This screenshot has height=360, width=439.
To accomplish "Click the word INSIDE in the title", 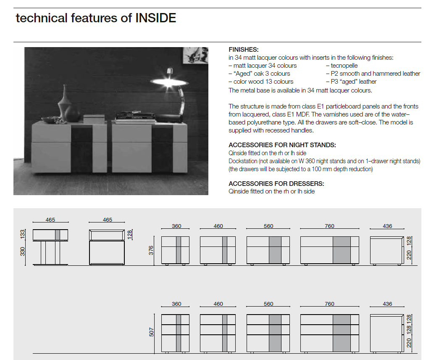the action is pyautogui.click(x=156, y=18).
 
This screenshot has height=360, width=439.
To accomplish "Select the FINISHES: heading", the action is pyautogui.click(x=243, y=50).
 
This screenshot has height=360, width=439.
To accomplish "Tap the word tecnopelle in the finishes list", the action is pyautogui.click(x=344, y=66).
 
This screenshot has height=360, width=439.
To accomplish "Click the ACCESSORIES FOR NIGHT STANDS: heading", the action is pyautogui.click(x=282, y=145).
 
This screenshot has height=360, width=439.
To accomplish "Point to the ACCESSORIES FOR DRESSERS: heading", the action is pyautogui.click(x=276, y=184).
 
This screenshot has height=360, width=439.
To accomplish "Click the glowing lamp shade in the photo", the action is pyautogui.click(x=169, y=82).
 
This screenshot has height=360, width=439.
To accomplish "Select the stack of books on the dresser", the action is pyautogui.click(x=135, y=118).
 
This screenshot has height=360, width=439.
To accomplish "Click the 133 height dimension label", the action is pyautogui.click(x=22, y=234).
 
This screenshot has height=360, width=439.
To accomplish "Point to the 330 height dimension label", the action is pyautogui.click(x=22, y=251).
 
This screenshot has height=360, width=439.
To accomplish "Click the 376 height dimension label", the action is pyautogui.click(x=151, y=250).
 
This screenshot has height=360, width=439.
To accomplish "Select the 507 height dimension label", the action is pyautogui.click(x=151, y=332).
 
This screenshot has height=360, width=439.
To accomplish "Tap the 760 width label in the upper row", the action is pyautogui.click(x=329, y=226).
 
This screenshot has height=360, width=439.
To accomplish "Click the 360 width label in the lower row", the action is pyautogui.click(x=176, y=304).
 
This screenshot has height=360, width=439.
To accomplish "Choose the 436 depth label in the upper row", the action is pyautogui.click(x=387, y=226).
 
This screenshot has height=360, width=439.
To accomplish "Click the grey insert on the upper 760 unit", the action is pyautogui.click(x=342, y=250).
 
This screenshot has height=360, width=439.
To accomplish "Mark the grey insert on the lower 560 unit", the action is pyautogui.click(x=275, y=333).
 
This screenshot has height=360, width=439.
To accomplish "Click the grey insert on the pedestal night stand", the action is pyautogui.click(x=58, y=235).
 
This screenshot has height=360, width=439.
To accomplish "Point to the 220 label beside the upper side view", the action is pyautogui.click(x=409, y=255).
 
